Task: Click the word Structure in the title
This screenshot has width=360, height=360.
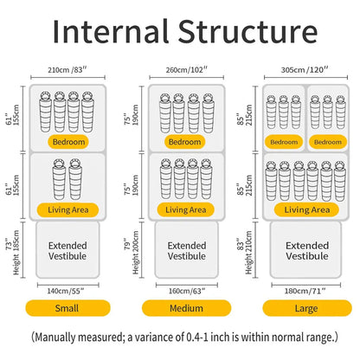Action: pyautogui.click(x=247, y=31)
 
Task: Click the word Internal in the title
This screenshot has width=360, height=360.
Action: pyautogui.click(x=110, y=31)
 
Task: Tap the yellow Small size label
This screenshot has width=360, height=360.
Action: pyautogui.click(x=68, y=308)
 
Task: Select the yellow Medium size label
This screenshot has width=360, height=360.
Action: pyautogui.click(x=186, y=308)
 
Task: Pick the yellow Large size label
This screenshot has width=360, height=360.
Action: pyautogui.click(x=307, y=308)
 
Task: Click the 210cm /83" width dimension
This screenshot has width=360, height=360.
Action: pyautogui.click(x=67, y=70)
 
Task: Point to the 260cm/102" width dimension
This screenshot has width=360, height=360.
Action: pyautogui.click(x=186, y=70)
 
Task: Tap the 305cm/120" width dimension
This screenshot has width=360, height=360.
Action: pyautogui.click(x=305, y=70)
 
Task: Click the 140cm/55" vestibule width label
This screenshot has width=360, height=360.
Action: pyautogui.click(x=66, y=291)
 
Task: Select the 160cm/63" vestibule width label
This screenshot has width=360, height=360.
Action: pyautogui.click(x=187, y=291)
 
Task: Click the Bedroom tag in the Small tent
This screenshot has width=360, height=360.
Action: pyautogui.click(x=68, y=142)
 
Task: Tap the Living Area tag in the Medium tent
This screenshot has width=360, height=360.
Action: pyautogui.click(x=185, y=209)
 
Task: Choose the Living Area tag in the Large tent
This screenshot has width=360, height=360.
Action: pyautogui.click(x=306, y=209)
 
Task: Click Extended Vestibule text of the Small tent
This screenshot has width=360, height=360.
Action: pyautogui.click(x=67, y=251)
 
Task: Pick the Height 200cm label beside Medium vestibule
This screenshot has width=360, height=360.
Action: pyautogui.click(x=136, y=253)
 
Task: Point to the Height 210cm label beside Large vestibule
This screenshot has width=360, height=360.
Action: pyautogui.click(x=248, y=253)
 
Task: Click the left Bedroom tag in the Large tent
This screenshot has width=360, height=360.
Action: pyautogui.click(x=284, y=142)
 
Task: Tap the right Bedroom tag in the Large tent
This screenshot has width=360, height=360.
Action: pyautogui.click(x=328, y=142)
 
